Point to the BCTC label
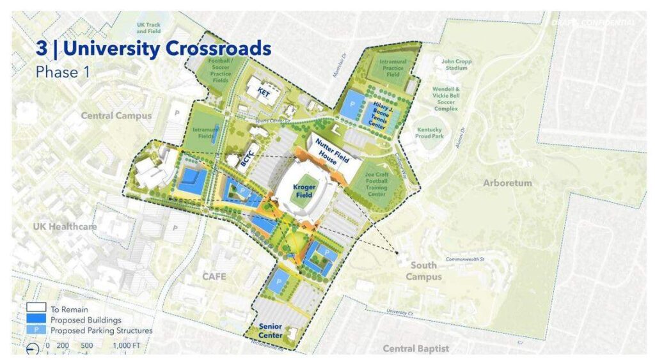(248, 160)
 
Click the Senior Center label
(271, 330)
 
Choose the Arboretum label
(507, 183)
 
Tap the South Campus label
(423, 271)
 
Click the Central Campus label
(116, 116)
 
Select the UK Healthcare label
(65, 226)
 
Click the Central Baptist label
(416, 348)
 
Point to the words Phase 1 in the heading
(63, 72)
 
